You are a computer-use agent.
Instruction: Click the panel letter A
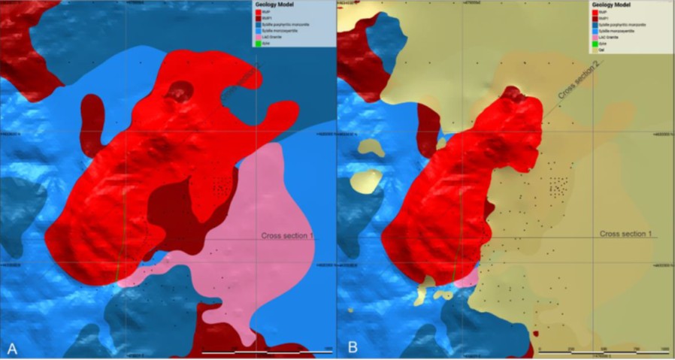coord(11,348)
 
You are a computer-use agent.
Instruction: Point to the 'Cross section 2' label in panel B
coord(580,80)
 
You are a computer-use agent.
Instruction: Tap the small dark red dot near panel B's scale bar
coord(535,333)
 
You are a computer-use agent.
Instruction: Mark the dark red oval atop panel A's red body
coord(180,92)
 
